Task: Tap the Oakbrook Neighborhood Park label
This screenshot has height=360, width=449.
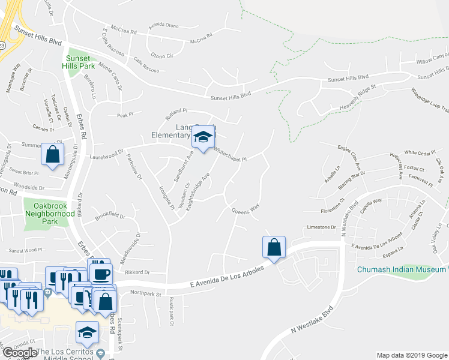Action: tap(50, 212)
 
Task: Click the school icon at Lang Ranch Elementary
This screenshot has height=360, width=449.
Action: tap(203, 138)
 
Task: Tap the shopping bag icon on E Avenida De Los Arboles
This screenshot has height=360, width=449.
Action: tap(274, 247)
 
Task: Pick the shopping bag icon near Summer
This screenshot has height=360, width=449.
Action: tap(53, 154)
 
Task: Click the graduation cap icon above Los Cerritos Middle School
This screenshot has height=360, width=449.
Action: tap(88, 332)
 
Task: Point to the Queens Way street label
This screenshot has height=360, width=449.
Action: tap(246, 208)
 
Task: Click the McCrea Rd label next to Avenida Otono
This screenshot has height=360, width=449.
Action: tap(202, 41)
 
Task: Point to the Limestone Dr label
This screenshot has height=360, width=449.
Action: tap(321, 227)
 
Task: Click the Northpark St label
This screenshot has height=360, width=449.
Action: tap(146, 293)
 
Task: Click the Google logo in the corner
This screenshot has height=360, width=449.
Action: tap(20, 353)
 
